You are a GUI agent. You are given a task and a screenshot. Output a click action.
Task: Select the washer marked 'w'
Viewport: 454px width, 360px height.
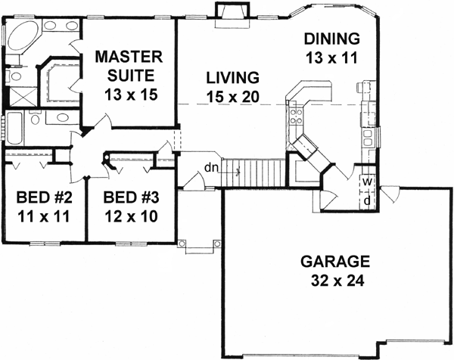[366, 182]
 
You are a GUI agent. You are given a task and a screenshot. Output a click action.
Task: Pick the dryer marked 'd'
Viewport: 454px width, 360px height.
[366, 200]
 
